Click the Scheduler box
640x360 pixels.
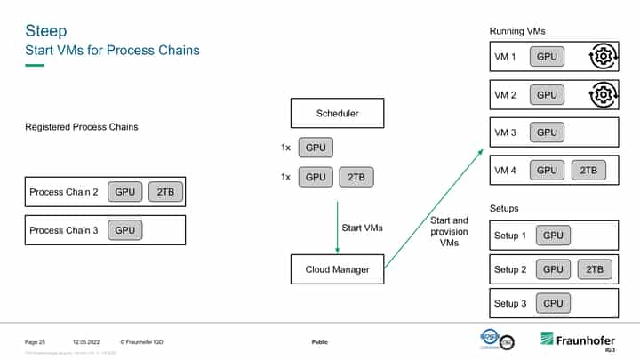[337, 114]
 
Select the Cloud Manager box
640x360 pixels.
[337, 269]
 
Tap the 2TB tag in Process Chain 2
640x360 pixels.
[165, 192]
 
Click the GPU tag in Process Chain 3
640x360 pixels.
[125, 230]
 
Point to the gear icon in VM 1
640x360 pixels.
[603, 57]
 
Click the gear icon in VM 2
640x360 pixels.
[603, 94]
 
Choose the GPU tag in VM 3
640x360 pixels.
[548, 132]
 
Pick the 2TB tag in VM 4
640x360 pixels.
[588, 170]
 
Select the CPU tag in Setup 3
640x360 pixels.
[553, 304]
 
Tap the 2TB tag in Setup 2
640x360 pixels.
[595, 269]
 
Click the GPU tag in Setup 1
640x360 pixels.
[553, 236]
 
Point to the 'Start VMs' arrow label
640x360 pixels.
[362, 228]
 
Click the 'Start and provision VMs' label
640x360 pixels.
[448, 231]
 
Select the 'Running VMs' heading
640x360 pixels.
[517, 31]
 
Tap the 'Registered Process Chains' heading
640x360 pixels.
[81, 127]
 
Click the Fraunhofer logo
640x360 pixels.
[578, 341]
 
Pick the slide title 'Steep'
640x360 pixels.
[45, 31]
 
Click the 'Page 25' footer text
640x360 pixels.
[35, 342]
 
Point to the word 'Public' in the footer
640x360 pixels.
[320, 342]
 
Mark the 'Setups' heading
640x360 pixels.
[505, 208]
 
